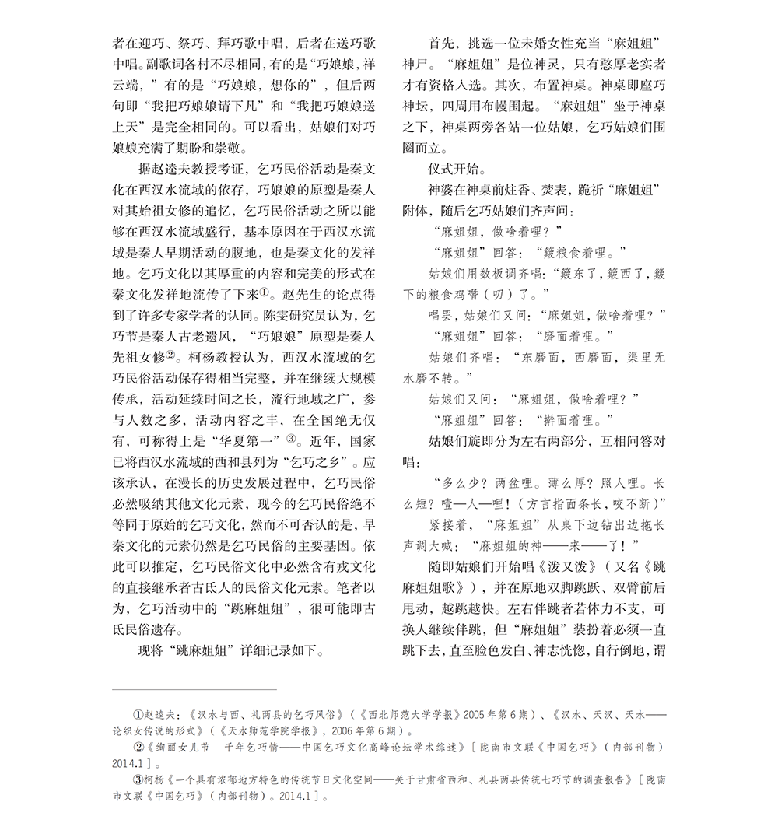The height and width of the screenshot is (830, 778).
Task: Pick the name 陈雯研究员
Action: coord(289,316)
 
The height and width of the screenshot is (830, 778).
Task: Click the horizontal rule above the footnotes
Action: coord(194,689)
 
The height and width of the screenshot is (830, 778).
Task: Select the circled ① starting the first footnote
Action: coord(138,713)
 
